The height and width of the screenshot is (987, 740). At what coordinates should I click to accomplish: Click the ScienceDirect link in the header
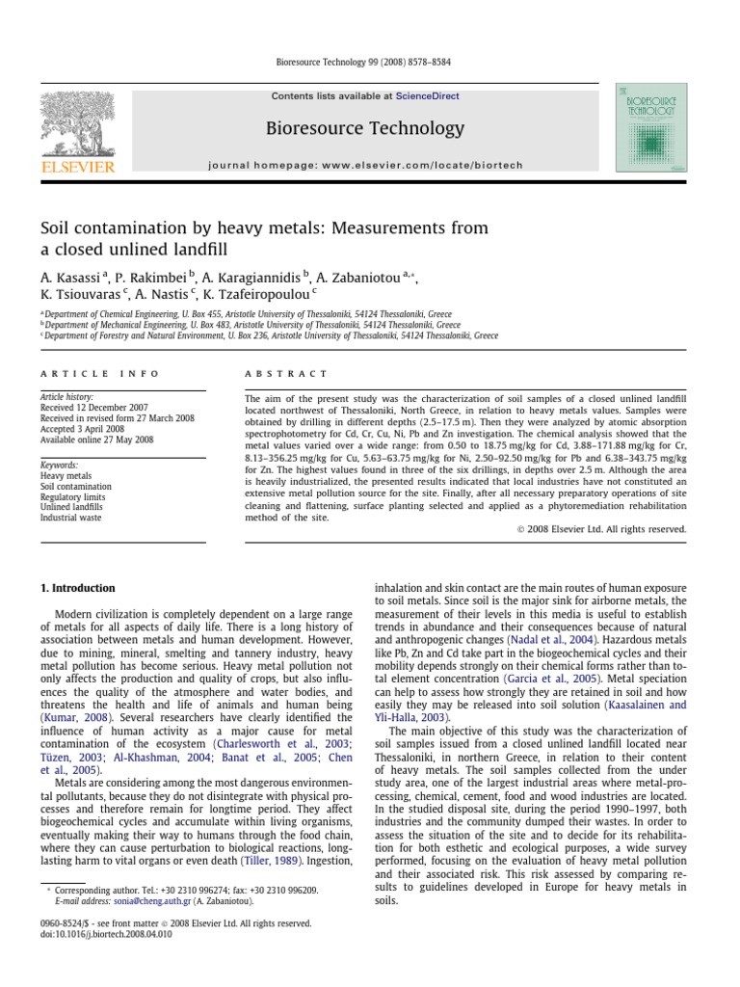coord(427,96)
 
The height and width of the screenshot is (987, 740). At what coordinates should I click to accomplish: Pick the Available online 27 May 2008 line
coord(96,440)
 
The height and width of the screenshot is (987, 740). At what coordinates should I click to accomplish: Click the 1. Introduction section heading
coord(76,588)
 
